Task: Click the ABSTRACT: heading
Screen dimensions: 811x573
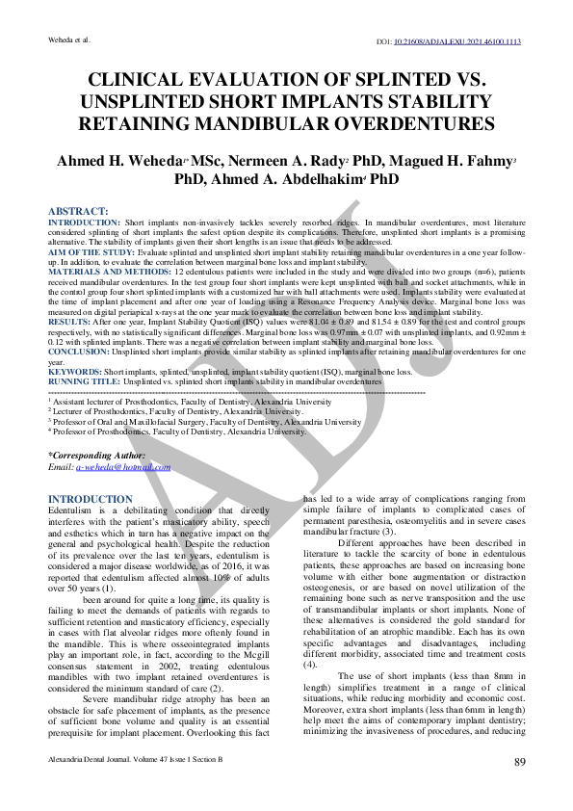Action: tap(78, 211)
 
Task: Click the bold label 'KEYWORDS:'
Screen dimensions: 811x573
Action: tap(75, 372)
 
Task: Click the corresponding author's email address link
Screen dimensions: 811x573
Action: tap(122, 466)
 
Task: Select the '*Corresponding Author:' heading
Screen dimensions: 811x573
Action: tap(96, 455)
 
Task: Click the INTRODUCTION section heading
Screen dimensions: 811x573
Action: tap(90, 499)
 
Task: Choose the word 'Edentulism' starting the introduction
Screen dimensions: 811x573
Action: tap(69, 510)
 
